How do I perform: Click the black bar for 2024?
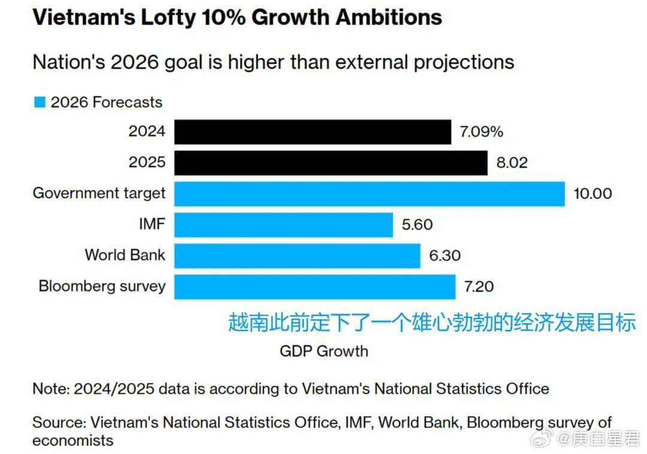(x=312, y=131)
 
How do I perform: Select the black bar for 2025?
(x=331, y=163)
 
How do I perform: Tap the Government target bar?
(x=369, y=194)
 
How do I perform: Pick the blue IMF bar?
(x=283, y=225)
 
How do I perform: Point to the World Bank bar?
(x=297, y=256)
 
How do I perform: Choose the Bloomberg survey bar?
(x=315, y=287)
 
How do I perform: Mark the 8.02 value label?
(x=511, y=163)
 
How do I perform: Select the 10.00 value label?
(x=593, y=194)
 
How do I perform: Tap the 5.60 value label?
(x=417, y=225)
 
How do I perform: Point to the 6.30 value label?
(x=445, y=256)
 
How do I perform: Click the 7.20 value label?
(x=479, y=287)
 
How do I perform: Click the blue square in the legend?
(x=40, y=102)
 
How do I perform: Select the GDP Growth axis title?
(x=323, y=351)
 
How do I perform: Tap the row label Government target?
(x=99, y=193)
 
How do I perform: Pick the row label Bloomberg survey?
(x=101, y=285)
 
